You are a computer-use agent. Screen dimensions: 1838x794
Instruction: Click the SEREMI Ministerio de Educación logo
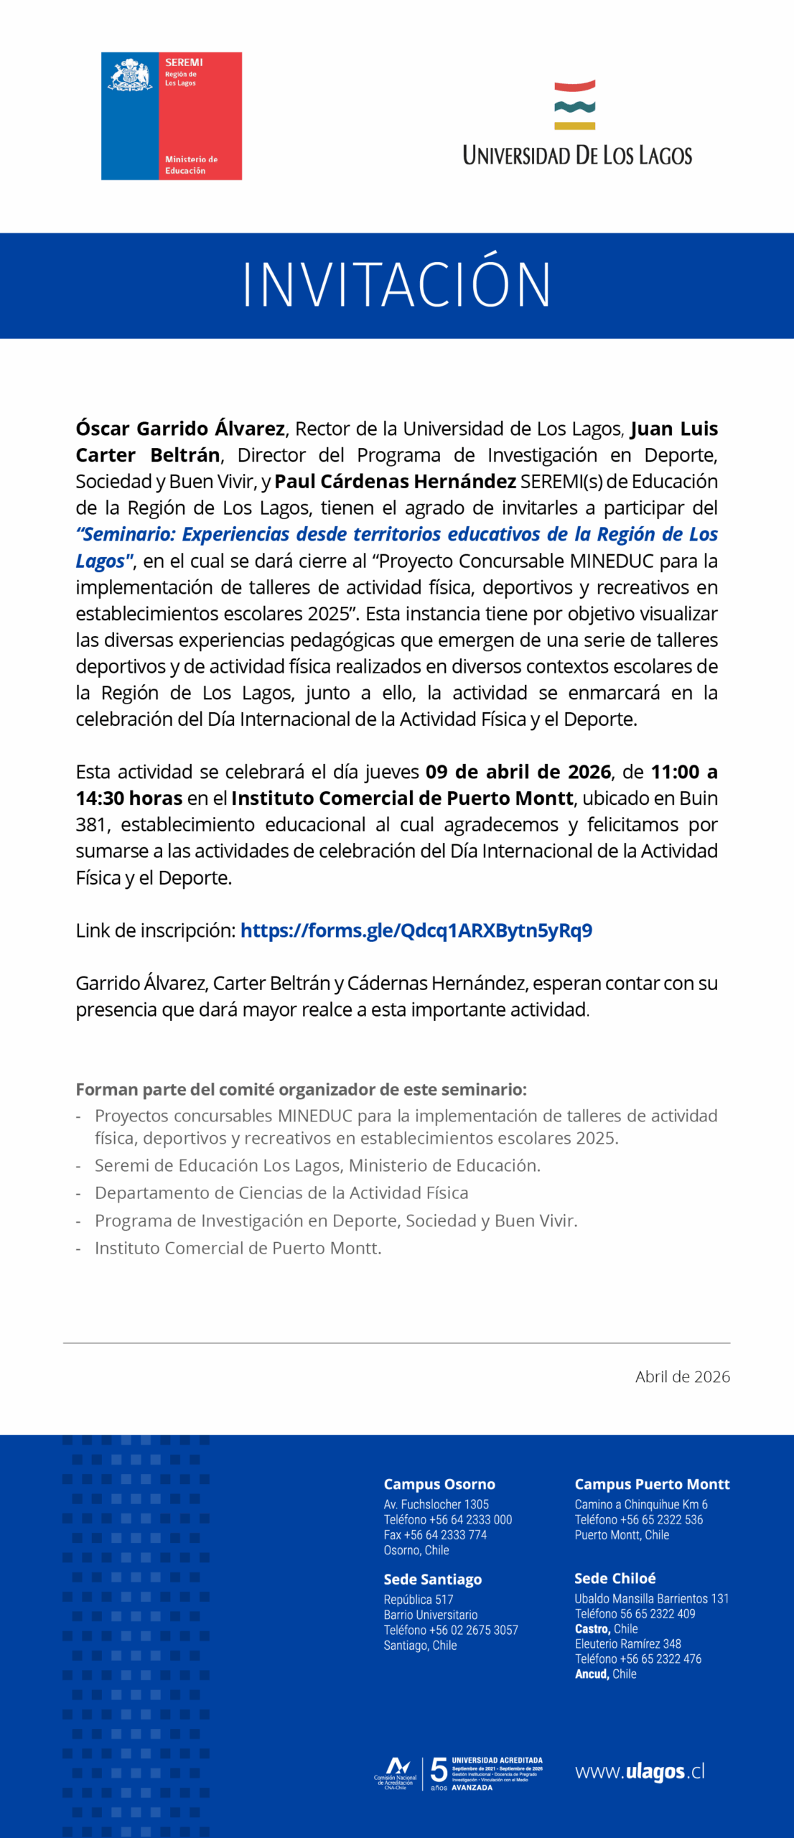click(171, 116)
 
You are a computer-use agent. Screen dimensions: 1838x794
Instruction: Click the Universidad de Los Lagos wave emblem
click(574, 105)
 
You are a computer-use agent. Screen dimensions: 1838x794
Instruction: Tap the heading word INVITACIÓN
click(396, 285)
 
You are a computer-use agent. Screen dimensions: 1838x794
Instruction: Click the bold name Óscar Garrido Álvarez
click(180, 429)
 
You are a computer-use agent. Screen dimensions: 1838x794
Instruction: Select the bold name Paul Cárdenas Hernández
click(395, 481)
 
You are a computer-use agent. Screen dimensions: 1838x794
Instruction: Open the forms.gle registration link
click(416, 930)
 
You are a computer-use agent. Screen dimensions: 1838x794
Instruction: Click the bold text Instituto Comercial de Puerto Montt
click(402, 798)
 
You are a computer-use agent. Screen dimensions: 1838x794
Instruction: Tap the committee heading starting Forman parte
click(301, 1089)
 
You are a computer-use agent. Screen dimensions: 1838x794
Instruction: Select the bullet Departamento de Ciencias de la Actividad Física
click(281, 1193)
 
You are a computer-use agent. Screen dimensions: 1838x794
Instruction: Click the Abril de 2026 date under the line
click(682, 1376)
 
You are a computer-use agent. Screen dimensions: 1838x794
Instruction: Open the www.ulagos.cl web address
click(639, 1772)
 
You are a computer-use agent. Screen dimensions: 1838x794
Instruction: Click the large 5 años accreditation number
click(439, 1771)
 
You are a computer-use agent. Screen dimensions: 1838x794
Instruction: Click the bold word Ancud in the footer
click(592, 1674)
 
